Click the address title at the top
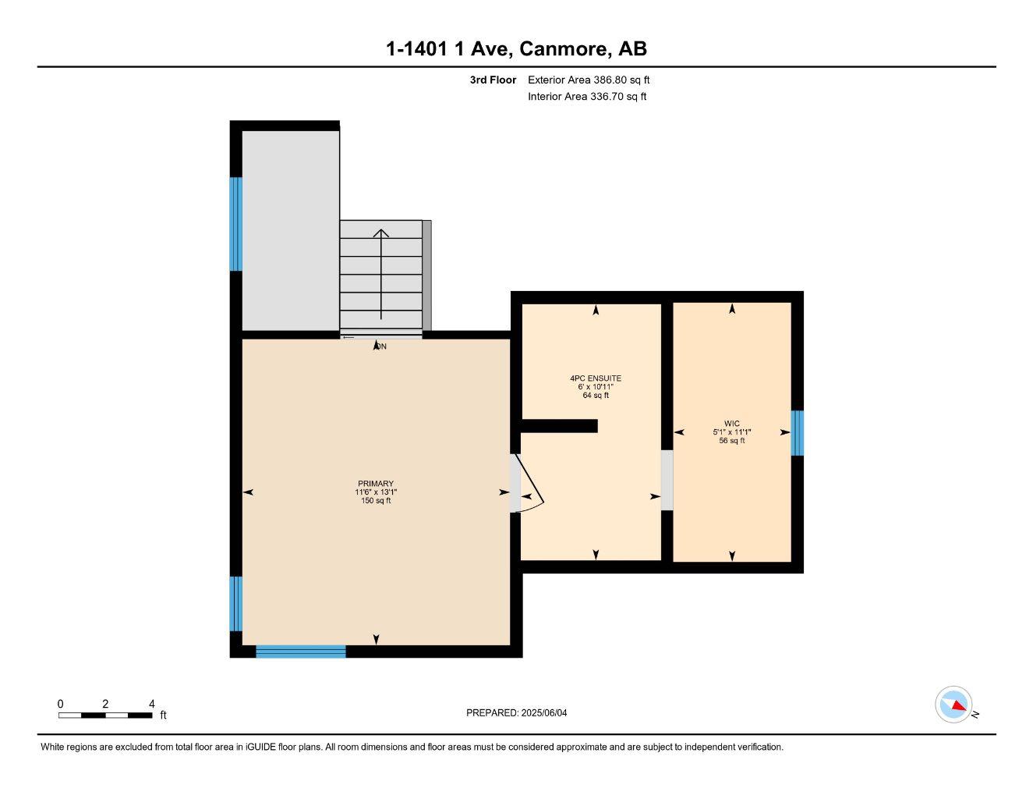point(516,49)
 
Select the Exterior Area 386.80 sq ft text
point(588,80)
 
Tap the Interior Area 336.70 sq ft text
point(586,97)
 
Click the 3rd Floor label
point(493,80)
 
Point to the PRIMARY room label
point(376,484)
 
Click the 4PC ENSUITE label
point(596,378)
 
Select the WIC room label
point(731,424)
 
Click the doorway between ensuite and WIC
point(667,480)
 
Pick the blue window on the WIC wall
point(797,433)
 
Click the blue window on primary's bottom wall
point(300,652)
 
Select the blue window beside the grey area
point(235,224)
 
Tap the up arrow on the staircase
point(380,273)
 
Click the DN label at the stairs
point(380,346)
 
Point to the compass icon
point(953,705)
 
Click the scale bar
point(105,715)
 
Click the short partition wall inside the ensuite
point(559,426)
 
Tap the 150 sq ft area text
point(376,501)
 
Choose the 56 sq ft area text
point(731,441)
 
